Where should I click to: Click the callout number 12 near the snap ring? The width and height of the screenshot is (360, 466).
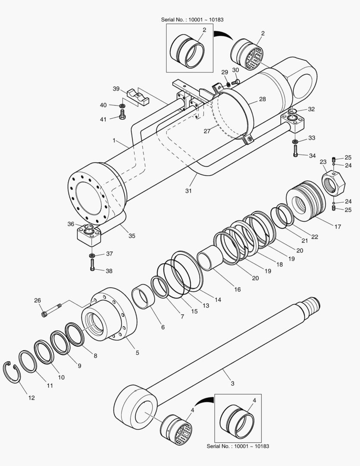click(31, 398)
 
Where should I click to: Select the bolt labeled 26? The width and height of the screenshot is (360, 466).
click(51, 310)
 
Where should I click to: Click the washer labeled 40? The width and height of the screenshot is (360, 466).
click(122, 106)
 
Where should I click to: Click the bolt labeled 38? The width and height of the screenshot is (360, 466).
click(92, 266)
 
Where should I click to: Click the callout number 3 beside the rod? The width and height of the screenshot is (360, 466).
click(233, 383)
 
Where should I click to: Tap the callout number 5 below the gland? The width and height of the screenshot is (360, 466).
click(137, 353)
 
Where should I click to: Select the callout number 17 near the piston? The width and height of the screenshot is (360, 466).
click(338, 226)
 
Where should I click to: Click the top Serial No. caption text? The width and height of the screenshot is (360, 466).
click(192, 20)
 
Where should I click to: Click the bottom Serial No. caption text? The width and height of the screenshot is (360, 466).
click(238, 446)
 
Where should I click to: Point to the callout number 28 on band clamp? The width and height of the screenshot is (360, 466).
click(262, 99)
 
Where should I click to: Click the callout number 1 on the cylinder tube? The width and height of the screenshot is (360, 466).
click(114, 140)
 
